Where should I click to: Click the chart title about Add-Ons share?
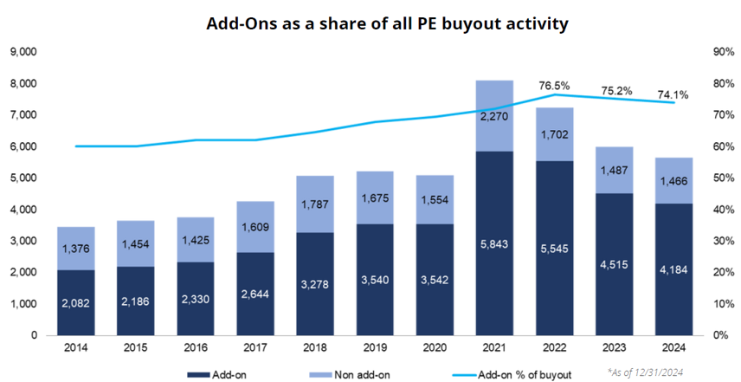click(387, 23)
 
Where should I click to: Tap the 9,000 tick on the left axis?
click(22, 52)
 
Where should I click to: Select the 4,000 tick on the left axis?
click(22, 210)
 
